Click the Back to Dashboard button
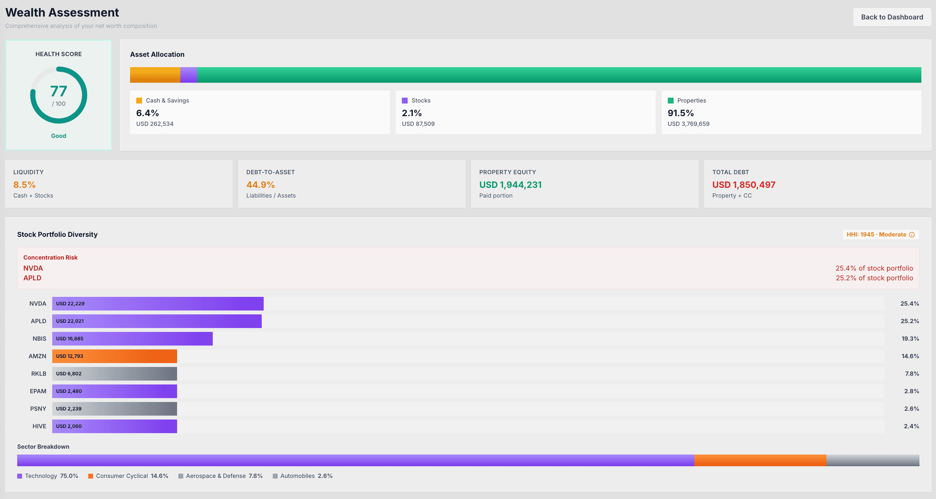pyautogui.click(x=892, y=17)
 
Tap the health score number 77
pyautogui.click(x=58, y=91)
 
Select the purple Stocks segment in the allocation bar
pyautogui.click(x=188, y=75)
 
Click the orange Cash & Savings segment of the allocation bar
pyautogui.click(x=155, y=75)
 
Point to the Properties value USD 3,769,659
pyautogui.click(x=688, y=124)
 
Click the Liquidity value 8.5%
pyautogui.click(x=24, y=185)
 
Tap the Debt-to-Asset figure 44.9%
pyautogui.click(x=260, y=185)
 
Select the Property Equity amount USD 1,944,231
pyautogui.click(x=510, y=185)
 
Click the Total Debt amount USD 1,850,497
pyautogui.click(x=743, y=185)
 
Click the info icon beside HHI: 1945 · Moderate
pyautogui.click(x=912, y=235)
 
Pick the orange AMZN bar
pyautogui.click(x=114, y=356)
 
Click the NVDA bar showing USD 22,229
pyautogui.click(x=158, y=303)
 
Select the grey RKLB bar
pyautogui.click(x=114, y=374)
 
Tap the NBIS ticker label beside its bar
pyautogui.click(x=39, y=339)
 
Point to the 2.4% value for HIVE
pyautogui.click(x=911, y=426)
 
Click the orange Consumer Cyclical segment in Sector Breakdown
pyautogui.click(x=760, y=460)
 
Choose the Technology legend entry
pyautogui.click(x=48, y=476)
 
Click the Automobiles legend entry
pyautogui.click(x=302, y=476)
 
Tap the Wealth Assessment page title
pyautogui.click(x=62, y=12)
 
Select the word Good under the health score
pyautogui.click(x=58, y=136)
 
